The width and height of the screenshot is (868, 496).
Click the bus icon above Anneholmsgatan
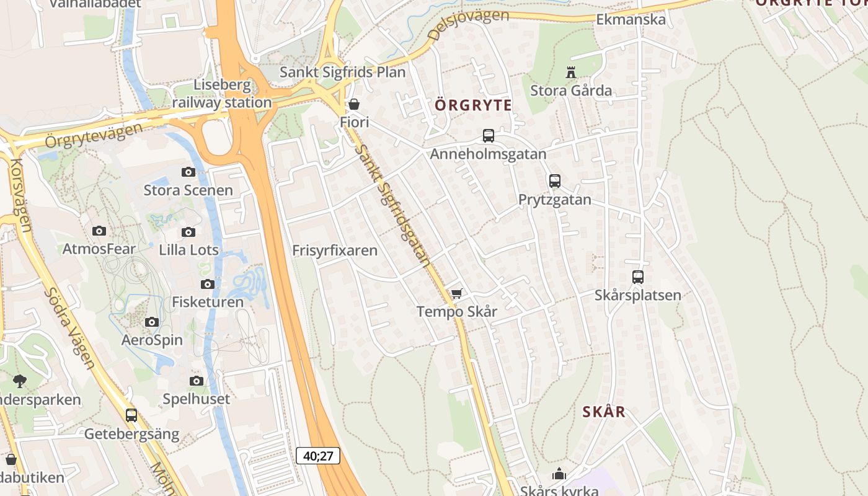coord(489,136)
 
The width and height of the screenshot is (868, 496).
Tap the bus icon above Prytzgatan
coord(555,181)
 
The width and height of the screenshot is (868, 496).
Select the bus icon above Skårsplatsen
coord(638,277)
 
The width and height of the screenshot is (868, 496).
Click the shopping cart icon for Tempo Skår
coord(457,293)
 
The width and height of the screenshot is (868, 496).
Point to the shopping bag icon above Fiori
coord(354,104)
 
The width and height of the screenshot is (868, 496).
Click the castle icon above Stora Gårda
coord(571,73)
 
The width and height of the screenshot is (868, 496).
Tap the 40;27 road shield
coord(319,456)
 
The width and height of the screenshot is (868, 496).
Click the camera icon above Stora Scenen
coord(188,172)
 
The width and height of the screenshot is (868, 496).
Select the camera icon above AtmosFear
coord(99,231)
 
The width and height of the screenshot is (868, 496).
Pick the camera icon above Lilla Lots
coord(188,232)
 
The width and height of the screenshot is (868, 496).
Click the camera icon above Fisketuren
coord(208,284)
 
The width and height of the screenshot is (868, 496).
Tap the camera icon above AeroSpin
coord(152,322)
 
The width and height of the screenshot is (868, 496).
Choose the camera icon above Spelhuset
coord(197,381)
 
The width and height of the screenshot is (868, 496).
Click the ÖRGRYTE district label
coord(474,105)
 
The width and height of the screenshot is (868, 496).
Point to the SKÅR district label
coord(604,412)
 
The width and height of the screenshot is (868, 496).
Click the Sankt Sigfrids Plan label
coord(342,72)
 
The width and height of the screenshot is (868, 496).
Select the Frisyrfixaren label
coord(335,250)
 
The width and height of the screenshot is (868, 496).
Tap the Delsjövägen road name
coord(468,24)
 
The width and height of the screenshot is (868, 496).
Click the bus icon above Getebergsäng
coord(131,415)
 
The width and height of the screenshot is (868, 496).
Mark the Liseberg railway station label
coord(222,94)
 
